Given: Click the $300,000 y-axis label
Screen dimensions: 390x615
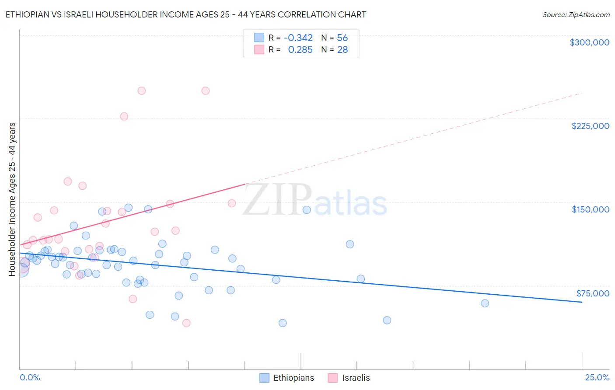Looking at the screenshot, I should (589, 42).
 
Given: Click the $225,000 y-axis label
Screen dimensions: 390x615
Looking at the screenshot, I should (590, 126).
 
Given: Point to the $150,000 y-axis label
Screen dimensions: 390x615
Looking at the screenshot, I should (590, 209).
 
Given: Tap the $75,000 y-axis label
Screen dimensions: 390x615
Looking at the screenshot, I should (592, 293).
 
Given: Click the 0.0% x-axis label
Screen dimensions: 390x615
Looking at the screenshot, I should (30, 378).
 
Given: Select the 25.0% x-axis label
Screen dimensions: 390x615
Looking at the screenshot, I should (597, 378).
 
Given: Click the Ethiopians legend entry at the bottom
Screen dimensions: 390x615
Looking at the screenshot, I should (287, 378).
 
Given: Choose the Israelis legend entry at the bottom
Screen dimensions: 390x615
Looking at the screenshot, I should (349, 378).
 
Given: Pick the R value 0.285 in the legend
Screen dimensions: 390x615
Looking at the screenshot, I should (300, 50).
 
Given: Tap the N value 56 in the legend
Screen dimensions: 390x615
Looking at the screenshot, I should (342, 38).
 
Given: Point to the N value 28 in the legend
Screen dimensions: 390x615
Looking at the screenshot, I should (342, 50).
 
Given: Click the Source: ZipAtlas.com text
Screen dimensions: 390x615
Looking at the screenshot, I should (576, 15).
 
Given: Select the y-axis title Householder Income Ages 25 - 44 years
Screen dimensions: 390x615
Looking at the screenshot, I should (12, 199).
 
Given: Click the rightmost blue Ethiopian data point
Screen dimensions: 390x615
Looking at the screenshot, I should (485, 303).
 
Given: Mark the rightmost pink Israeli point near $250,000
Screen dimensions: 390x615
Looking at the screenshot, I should (206, 91).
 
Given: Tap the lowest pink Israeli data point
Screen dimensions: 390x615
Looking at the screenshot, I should (186, 323).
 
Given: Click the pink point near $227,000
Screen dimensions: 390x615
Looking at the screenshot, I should (124, 116).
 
